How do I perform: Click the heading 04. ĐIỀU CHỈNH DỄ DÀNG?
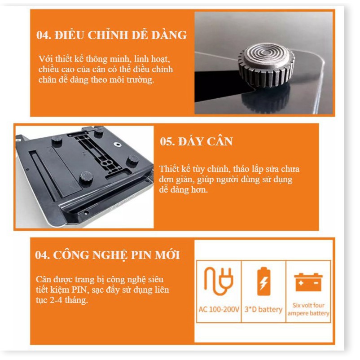tap(112, 35)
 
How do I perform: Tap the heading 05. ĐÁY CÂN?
tap(197, 141)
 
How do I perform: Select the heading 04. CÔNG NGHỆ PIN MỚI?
tap(107, 255)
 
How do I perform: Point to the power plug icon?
tap(219, 281)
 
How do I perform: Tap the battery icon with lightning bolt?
tap(263, 281)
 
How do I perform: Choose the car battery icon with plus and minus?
tap(308, 282)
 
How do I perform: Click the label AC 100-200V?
tap(219, 309)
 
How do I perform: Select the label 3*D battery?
tap(263, 309)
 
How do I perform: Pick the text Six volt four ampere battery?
tap(308, 309)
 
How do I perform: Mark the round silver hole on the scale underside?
tap(118, 144)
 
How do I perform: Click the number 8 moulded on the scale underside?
tap(106, 164)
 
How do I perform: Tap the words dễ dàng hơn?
tap(184, 190)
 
